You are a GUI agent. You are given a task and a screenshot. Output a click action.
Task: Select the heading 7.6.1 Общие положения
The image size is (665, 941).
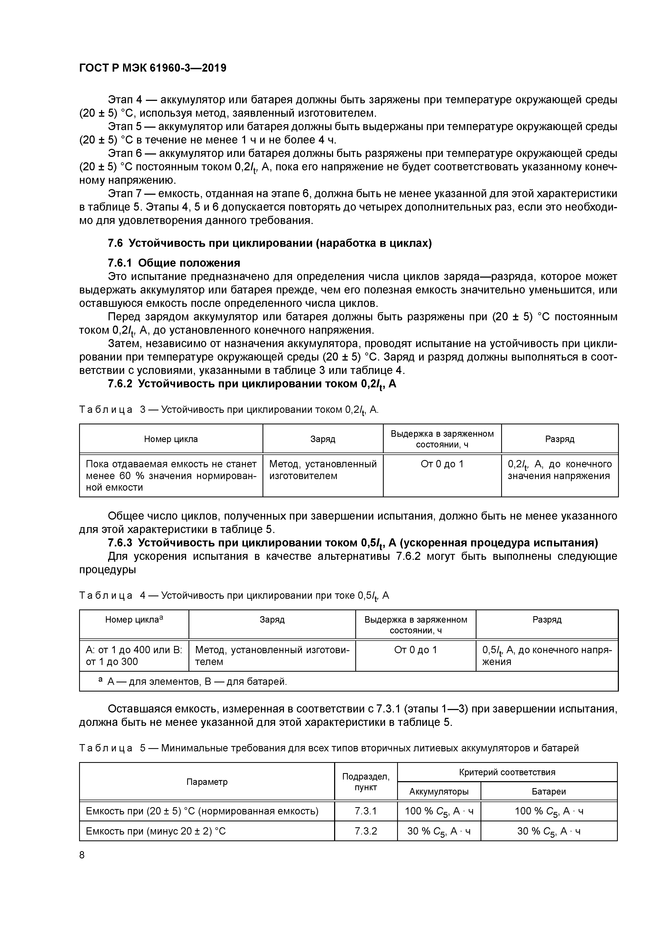[x=174, y=263]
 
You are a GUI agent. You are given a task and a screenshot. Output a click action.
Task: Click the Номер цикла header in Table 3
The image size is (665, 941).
[x=171, y=439]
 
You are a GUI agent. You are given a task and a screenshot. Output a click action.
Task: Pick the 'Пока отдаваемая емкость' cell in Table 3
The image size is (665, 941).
[x=171, y=475]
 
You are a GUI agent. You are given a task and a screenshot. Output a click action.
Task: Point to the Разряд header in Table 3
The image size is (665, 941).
[x=559, y=439]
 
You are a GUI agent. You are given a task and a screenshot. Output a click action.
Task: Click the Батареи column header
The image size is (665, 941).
[x=548, y=791]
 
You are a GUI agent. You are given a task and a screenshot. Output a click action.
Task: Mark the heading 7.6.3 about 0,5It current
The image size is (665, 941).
[x=352, y=543]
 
